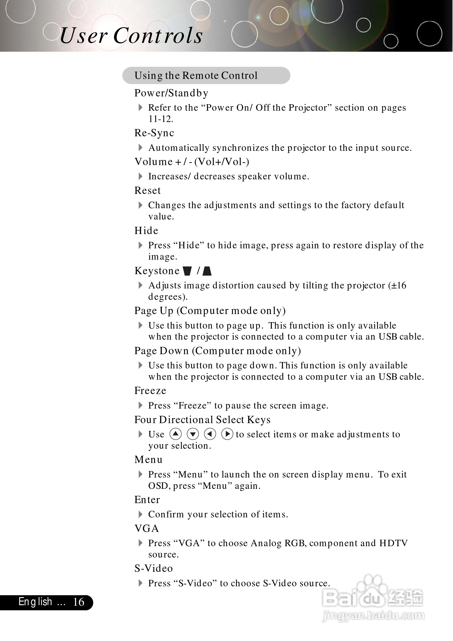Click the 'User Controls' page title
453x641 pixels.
131,36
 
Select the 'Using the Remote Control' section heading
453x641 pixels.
195,76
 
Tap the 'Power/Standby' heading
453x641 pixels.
171,93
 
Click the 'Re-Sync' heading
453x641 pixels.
154,133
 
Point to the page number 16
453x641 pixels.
78,602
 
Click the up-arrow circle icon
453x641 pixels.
176,434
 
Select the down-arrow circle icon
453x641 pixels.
193,434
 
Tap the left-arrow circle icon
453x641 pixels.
210,434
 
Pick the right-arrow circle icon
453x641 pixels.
227,434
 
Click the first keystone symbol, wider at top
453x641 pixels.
187,271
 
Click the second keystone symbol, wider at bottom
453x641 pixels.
207,271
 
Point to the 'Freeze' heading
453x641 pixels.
150,391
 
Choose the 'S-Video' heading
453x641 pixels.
153,568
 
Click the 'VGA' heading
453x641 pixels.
147,528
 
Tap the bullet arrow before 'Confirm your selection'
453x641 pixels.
140,514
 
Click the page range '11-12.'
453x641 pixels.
161,119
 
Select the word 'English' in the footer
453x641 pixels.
35,602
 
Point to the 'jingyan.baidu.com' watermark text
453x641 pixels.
373,615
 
